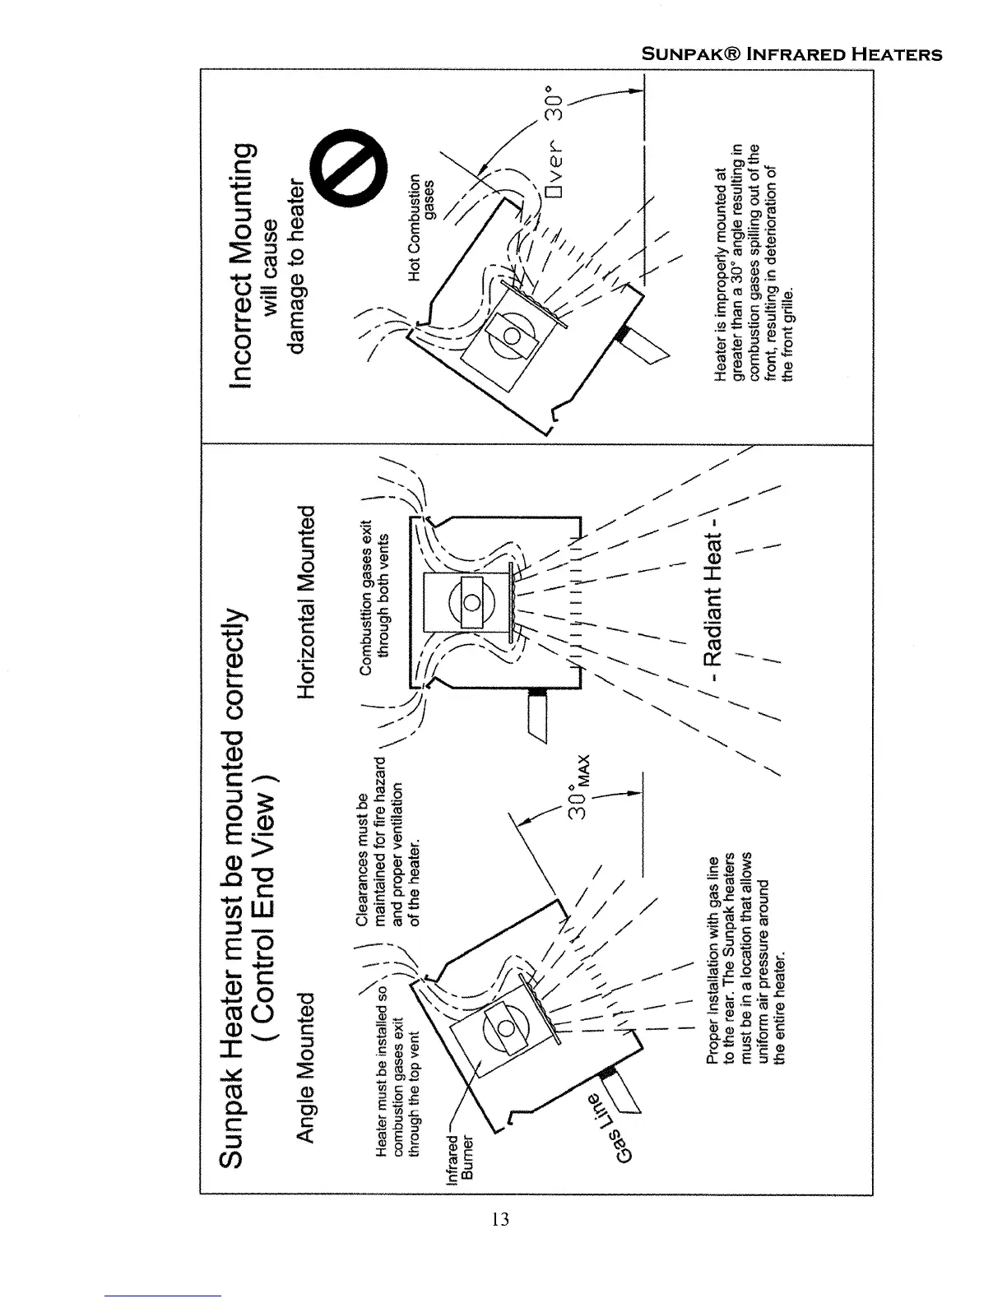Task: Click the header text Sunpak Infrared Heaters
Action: pos(791,55)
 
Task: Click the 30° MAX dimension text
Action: pos(580,787)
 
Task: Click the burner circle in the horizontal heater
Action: pos(471,601)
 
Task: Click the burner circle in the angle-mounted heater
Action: pos(507,1030)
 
